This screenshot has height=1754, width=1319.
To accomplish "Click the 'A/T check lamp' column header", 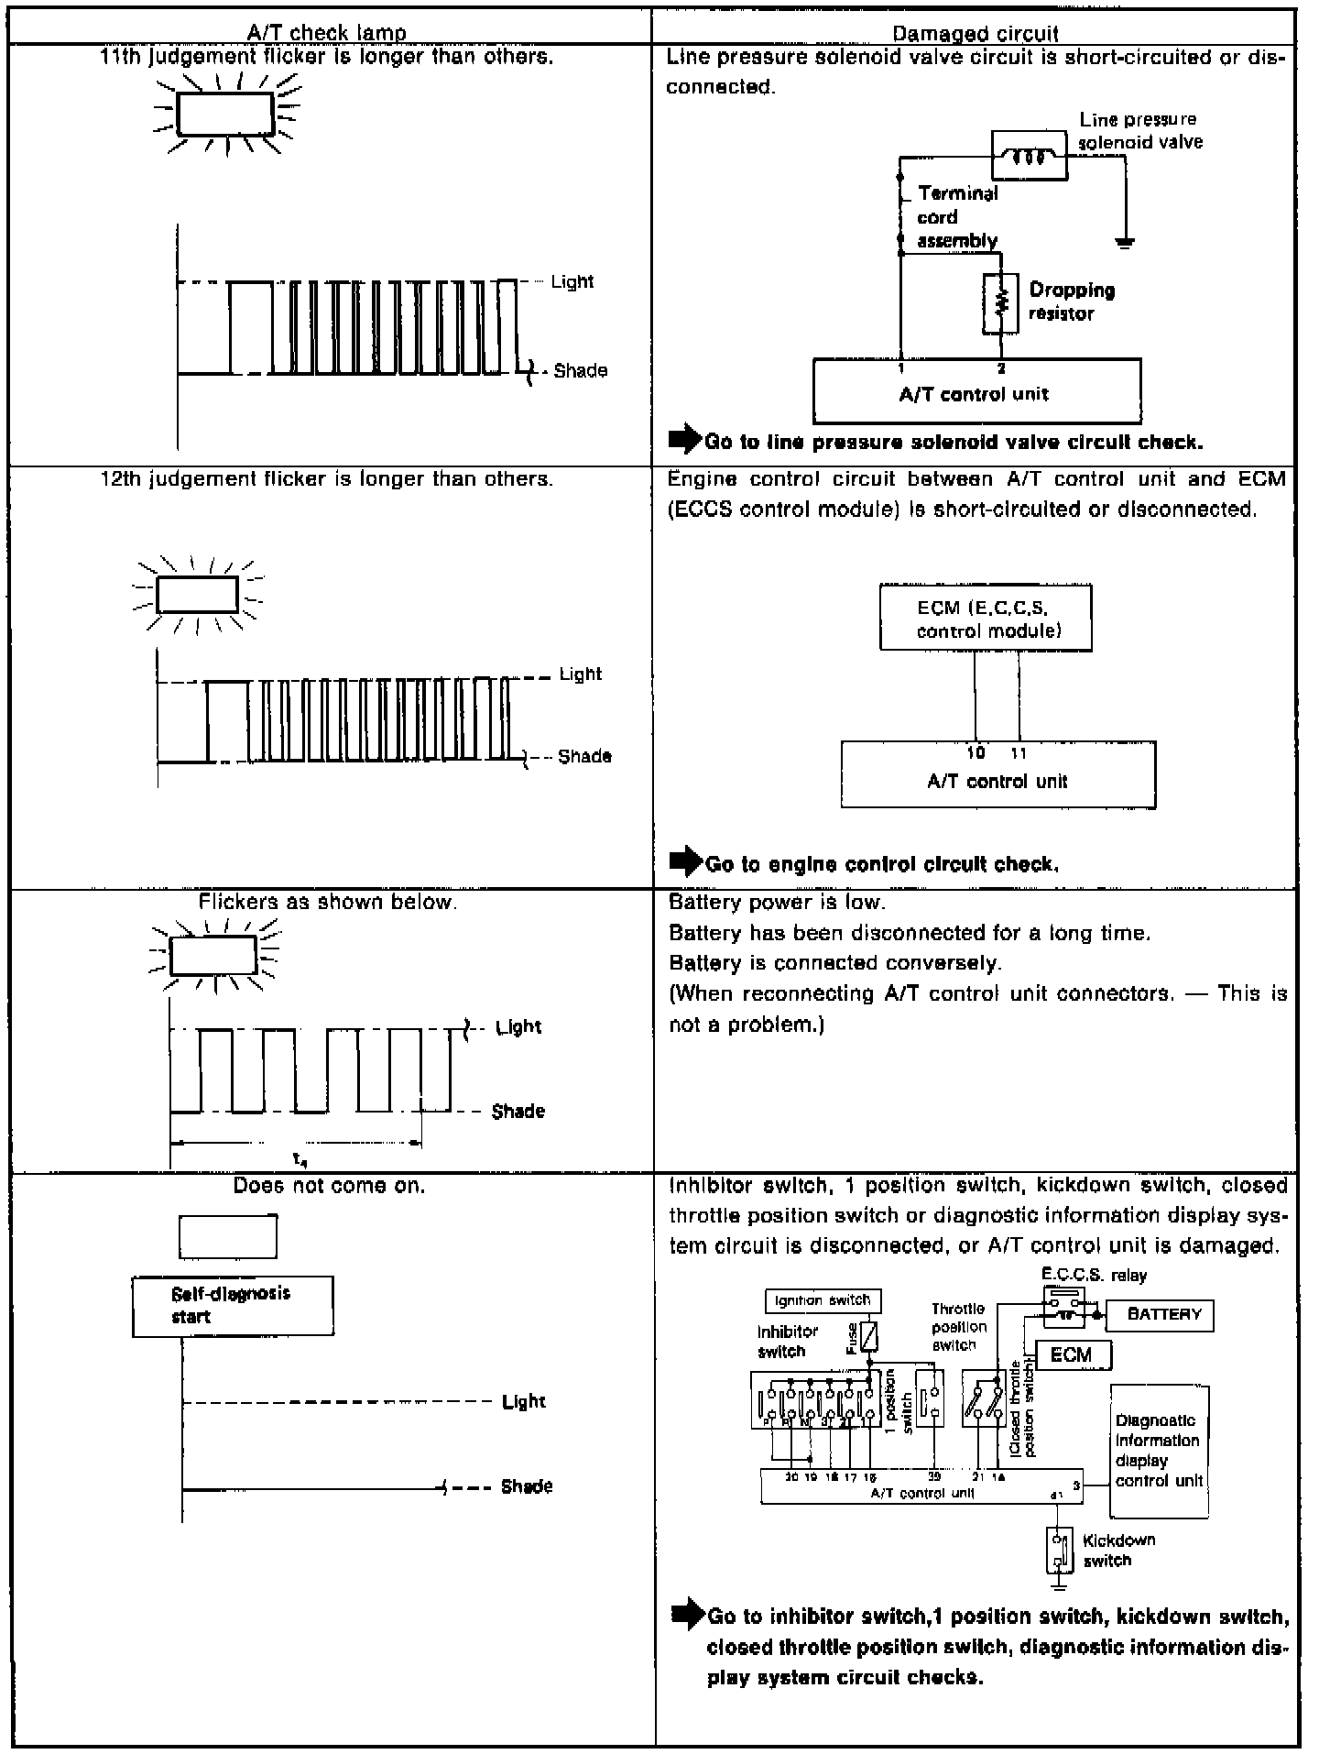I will [326, 33].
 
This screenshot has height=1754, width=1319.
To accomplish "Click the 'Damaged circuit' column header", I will [975, 34].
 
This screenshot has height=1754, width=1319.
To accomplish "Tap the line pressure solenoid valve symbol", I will [1030, 155].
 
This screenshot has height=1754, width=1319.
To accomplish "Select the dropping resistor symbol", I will [1002, 302].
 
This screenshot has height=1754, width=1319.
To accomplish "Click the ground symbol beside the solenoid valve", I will [1125, 242].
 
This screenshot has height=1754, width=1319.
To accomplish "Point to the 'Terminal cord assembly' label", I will [957, 217].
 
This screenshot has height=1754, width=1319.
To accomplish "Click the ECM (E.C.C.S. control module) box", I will [986, 619].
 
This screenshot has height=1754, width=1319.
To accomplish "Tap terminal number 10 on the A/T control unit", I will [976, 753].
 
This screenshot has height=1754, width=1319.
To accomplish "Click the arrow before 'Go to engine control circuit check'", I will [685, 862].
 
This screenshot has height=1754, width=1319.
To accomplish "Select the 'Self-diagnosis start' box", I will [233, 1305].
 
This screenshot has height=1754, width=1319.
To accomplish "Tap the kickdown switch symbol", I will [1059, 1550].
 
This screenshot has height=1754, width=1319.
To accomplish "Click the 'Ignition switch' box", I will [823, 1300].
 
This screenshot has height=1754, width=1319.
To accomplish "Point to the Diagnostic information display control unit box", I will [1159, 1450].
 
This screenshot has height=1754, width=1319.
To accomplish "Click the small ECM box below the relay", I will [1073, 1354].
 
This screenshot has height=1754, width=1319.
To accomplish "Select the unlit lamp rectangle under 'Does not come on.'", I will [227, 1236].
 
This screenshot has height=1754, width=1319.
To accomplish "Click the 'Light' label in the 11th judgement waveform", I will [572, 282].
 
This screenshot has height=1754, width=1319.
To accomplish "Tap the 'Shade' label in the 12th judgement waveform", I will [584, 756].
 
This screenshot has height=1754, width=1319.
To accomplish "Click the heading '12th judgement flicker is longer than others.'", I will [326, 478].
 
